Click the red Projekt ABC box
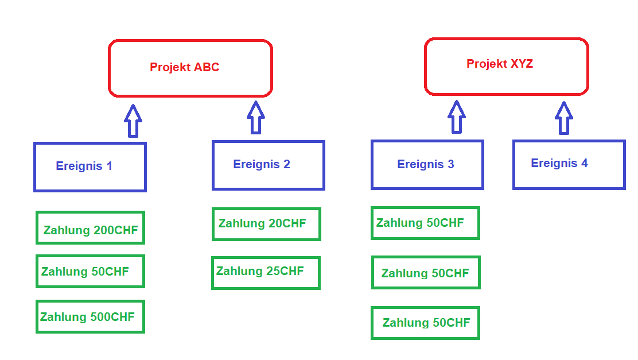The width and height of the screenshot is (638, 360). [x=190, y=68]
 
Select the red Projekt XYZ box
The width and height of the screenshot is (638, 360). [x=506, y=67]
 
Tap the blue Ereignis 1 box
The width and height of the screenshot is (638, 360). [x=90, y=167]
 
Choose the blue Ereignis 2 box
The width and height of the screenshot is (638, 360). [x=268, y=165]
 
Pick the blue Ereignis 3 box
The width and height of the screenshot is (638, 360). [x=427, y=164]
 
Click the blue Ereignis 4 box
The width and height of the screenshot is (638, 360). [x=569, y=164]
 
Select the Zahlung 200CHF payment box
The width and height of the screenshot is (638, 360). [x=90, y=227]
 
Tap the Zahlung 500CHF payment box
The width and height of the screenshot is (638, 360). [x=90, y=316]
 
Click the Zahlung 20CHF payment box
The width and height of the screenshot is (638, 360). [x=266, y=224]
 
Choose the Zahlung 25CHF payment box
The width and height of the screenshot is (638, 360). [x=266, y=273]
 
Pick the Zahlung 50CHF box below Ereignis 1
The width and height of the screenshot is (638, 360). [x=90, y=272]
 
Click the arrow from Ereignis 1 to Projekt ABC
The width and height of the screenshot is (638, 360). [x=133, y=121]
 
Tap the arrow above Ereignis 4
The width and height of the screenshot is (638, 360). [x=564, y=118]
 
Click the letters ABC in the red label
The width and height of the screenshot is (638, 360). [x=207, y=67]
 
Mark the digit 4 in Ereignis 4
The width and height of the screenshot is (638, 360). [x=584, y=163]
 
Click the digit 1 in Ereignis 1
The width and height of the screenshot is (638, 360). [x=109, y=167]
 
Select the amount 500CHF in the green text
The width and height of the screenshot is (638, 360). [x=112, y=317]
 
